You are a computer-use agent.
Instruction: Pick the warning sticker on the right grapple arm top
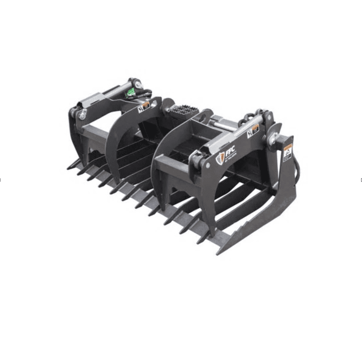(253, 130)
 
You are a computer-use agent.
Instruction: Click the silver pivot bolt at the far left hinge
(82, 114)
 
